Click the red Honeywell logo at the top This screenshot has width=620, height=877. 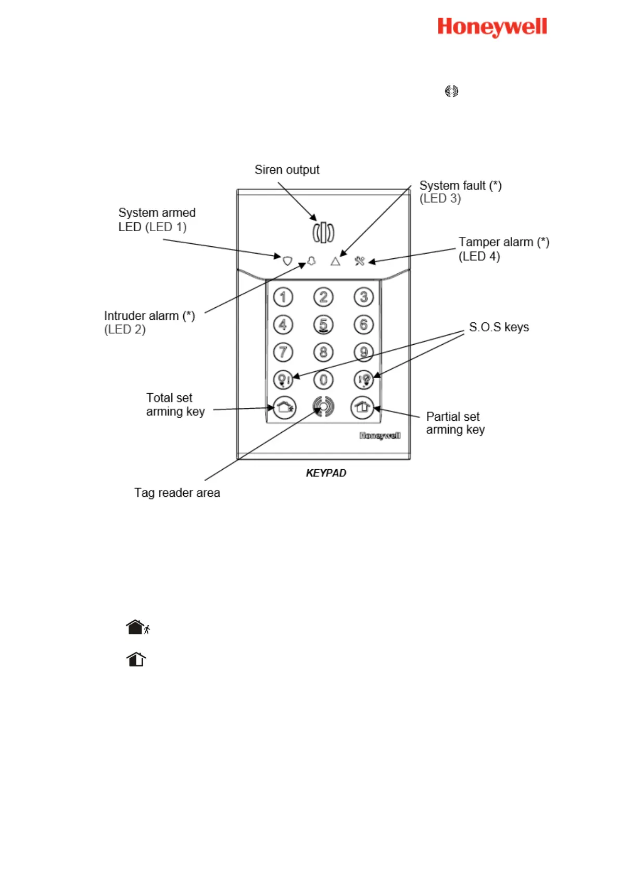pos(492,27)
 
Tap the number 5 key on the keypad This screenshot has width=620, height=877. pos(323,325)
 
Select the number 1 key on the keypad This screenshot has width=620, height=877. pos(283,297)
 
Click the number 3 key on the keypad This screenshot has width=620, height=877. pos(363,297)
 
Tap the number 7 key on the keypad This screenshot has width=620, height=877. pos(283,352)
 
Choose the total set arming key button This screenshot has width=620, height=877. pos(284,407)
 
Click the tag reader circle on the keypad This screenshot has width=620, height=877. pos(323,407)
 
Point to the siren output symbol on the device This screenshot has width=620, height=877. pos(323,232)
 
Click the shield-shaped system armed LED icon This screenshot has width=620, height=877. pos(287,260)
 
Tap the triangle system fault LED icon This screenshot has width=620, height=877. pos(335,261)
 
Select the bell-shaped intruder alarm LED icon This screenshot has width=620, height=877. pos(311,261)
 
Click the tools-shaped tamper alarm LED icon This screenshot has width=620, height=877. pos(360,260)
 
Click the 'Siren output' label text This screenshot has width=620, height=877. pos(287,170)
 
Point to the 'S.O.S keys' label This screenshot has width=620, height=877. pos(499,327)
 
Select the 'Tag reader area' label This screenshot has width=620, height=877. pos(177,493)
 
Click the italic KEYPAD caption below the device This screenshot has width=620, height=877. pos(326,473)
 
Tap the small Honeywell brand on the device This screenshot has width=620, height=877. pos(380,435)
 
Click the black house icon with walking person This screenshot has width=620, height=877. pos(138,627)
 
